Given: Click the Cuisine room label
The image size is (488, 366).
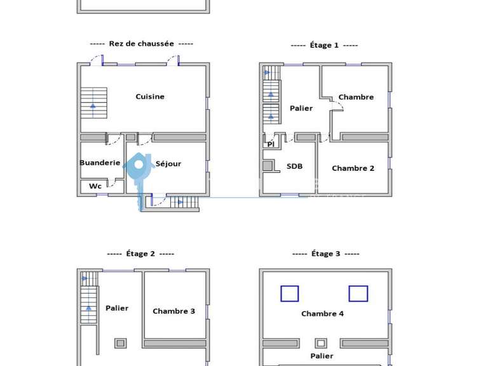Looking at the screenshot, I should tap(150, 97).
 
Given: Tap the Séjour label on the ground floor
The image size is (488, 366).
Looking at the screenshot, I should tap(168, 164).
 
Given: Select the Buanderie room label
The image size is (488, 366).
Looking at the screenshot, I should tap(100, 163).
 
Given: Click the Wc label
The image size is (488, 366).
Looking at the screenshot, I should tap(95, 186).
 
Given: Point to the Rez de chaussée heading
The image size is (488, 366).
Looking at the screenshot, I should tap(141, 44).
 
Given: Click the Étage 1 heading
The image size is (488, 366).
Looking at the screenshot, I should tap(324, 45).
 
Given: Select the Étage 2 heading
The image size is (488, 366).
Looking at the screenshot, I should tap(140, 254).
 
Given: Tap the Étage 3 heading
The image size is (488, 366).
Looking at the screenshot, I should tap(325, 254).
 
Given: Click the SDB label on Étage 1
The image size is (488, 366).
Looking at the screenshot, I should tap(294, 166).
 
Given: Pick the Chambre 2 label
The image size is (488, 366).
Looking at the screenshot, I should tap(353, 168).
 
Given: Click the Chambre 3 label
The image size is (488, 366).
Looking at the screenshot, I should tap(173, 311).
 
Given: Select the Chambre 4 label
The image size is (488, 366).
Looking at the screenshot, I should tap(322, 314).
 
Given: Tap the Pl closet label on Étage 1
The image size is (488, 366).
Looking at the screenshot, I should tap(271, 145).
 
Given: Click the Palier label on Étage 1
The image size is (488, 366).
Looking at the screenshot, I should tap(301, 109).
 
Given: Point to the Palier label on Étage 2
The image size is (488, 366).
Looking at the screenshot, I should tap(117, 308).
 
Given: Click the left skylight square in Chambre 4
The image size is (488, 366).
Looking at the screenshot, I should tap(290, 294).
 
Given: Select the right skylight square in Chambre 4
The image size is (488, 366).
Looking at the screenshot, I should tap(358, 294).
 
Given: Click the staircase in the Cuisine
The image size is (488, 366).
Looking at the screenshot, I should tap(93, 102).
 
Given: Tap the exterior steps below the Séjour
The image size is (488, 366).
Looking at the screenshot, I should tap(184, 203).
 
